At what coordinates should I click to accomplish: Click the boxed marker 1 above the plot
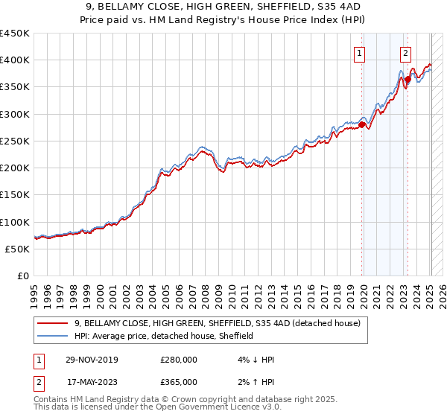tap(360, 53)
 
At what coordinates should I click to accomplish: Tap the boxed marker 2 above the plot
tap(405, 53)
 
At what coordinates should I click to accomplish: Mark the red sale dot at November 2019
tap(362, 125)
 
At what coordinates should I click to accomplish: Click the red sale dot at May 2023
tap(408, 79)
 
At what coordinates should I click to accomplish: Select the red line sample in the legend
tap(54, 323)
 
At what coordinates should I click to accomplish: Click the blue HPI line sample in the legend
tap(54, 336)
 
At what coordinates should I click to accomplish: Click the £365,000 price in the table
tap(179, 382)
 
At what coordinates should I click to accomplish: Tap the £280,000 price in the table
tap(179, 360)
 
